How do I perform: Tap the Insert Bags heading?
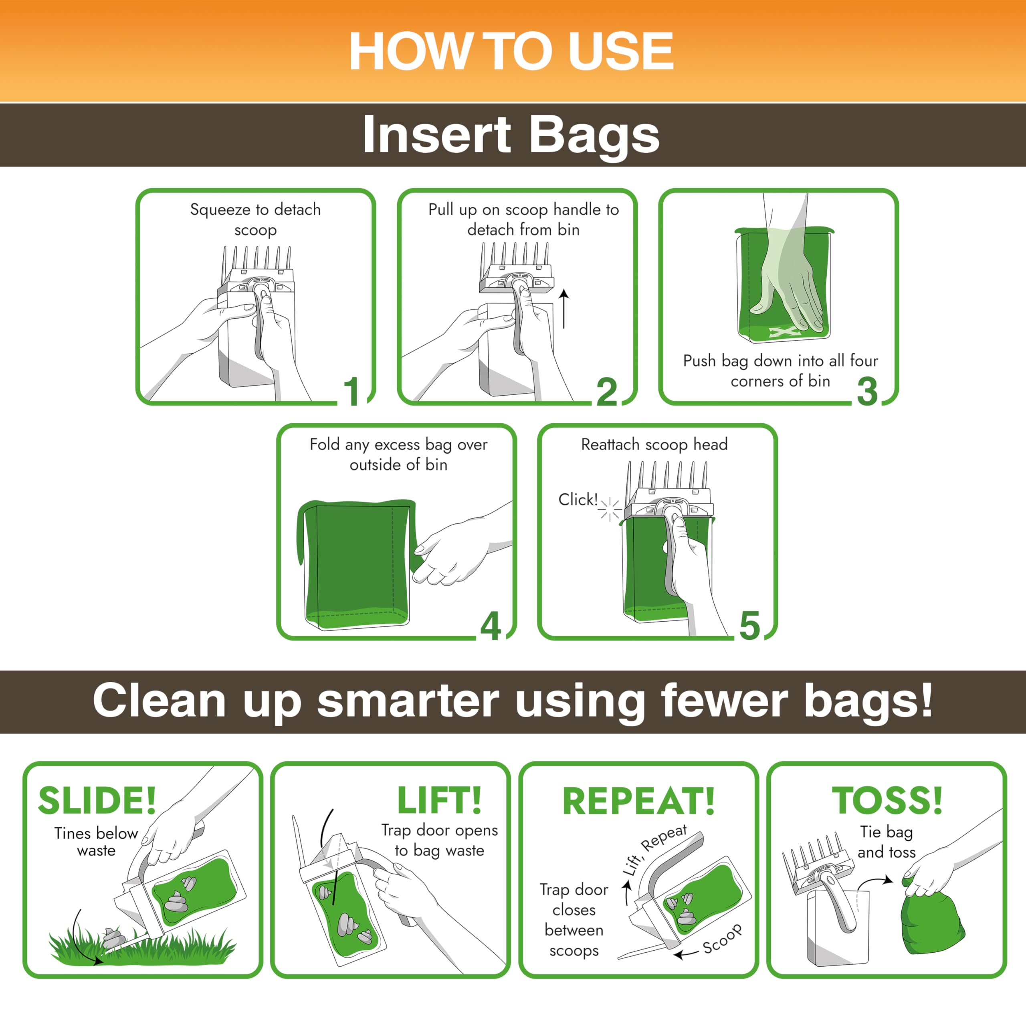511,135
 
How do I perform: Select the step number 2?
606,392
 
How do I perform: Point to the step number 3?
867,392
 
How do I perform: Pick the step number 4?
490,627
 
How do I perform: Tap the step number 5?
749,627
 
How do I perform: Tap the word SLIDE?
97,800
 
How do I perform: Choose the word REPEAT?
638,801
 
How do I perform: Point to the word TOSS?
887,800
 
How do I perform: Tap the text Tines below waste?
96,842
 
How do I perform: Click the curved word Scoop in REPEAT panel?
722,939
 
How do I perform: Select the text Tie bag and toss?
887,842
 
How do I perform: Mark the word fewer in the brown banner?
724,701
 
